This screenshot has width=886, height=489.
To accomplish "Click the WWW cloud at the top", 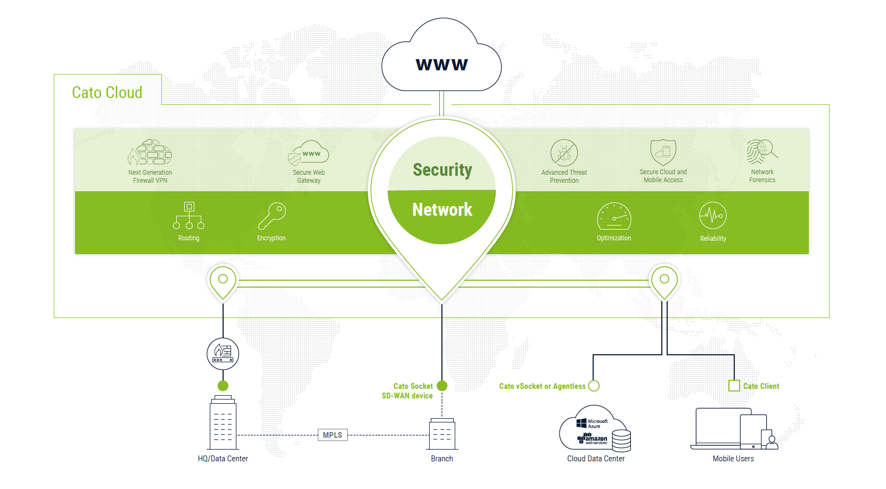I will coord(441,59).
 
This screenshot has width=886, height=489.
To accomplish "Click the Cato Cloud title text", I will coord(107,93).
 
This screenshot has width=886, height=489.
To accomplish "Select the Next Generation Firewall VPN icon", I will coord(150,153).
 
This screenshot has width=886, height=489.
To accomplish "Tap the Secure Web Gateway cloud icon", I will coord(309,153).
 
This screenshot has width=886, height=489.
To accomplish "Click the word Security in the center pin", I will coord(442,170).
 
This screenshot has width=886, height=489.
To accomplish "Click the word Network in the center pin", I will coord(442,210).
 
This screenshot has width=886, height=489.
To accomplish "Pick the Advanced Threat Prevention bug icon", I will coord(564,153).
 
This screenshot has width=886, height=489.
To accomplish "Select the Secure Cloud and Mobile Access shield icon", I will coord(663,152).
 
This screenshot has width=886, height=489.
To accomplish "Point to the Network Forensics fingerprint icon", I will coord(761,152).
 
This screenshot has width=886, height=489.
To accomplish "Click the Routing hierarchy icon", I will coord(188,215).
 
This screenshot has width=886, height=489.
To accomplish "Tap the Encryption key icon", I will coord(272,216).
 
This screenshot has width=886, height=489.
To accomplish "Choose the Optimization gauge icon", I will coord(614,216).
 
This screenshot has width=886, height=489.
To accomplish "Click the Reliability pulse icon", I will coord(712,216).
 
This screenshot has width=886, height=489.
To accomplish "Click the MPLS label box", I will coord(332,435).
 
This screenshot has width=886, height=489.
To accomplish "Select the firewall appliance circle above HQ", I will coord(223,353).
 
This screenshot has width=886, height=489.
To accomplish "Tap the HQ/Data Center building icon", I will coord(223,424).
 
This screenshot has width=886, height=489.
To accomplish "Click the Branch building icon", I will coord(442,434).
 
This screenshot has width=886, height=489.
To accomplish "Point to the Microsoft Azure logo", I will coord(592,423).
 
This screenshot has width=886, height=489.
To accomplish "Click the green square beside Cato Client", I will coord(734,386).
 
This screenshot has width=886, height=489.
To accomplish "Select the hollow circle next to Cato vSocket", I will coord(594,386).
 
